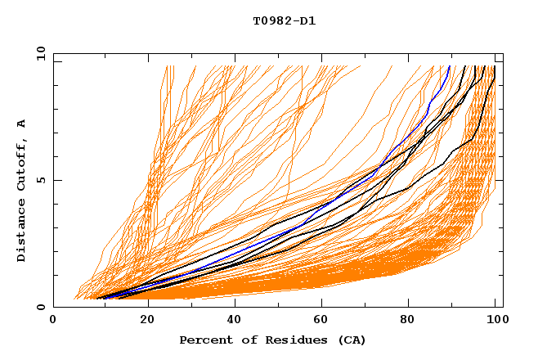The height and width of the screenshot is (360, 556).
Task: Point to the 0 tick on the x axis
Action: click(x=54, y=320)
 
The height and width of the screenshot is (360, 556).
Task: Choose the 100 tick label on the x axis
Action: click(x=495, y=320)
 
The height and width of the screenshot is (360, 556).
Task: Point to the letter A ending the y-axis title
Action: click(x=22, y=123)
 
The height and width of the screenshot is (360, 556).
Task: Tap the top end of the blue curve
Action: click(x=450, y=66)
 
